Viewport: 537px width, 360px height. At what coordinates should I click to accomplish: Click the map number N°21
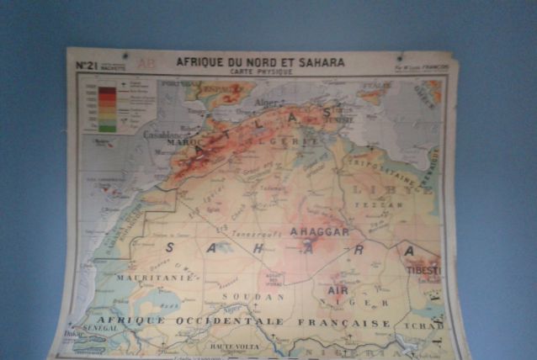pyautogui.click(x=87, y=65)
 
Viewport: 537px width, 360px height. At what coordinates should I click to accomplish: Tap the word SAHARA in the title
pyautogui.click(x=319, y=62)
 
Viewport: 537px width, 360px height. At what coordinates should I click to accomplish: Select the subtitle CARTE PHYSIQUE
pyautogui.click(x=260, y=72)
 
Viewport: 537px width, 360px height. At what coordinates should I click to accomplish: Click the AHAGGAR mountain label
pyautogui.click(x=319, y=231)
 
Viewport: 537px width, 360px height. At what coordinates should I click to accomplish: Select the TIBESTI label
pyautogui.click(x=423, y=271)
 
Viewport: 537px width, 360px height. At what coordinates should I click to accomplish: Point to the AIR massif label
pyautogui.click(x=337, y=289)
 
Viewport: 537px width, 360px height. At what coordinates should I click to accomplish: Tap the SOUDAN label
pyautogui.click(x=248, y=296)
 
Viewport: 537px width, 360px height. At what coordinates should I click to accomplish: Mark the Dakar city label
pyautogui.click(x=72, y=334)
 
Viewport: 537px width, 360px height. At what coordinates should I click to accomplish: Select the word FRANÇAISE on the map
pyautogui.click(x=350, y=323)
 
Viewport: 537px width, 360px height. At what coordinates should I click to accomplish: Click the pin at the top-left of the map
pyautogui.click(x=125, y=56)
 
